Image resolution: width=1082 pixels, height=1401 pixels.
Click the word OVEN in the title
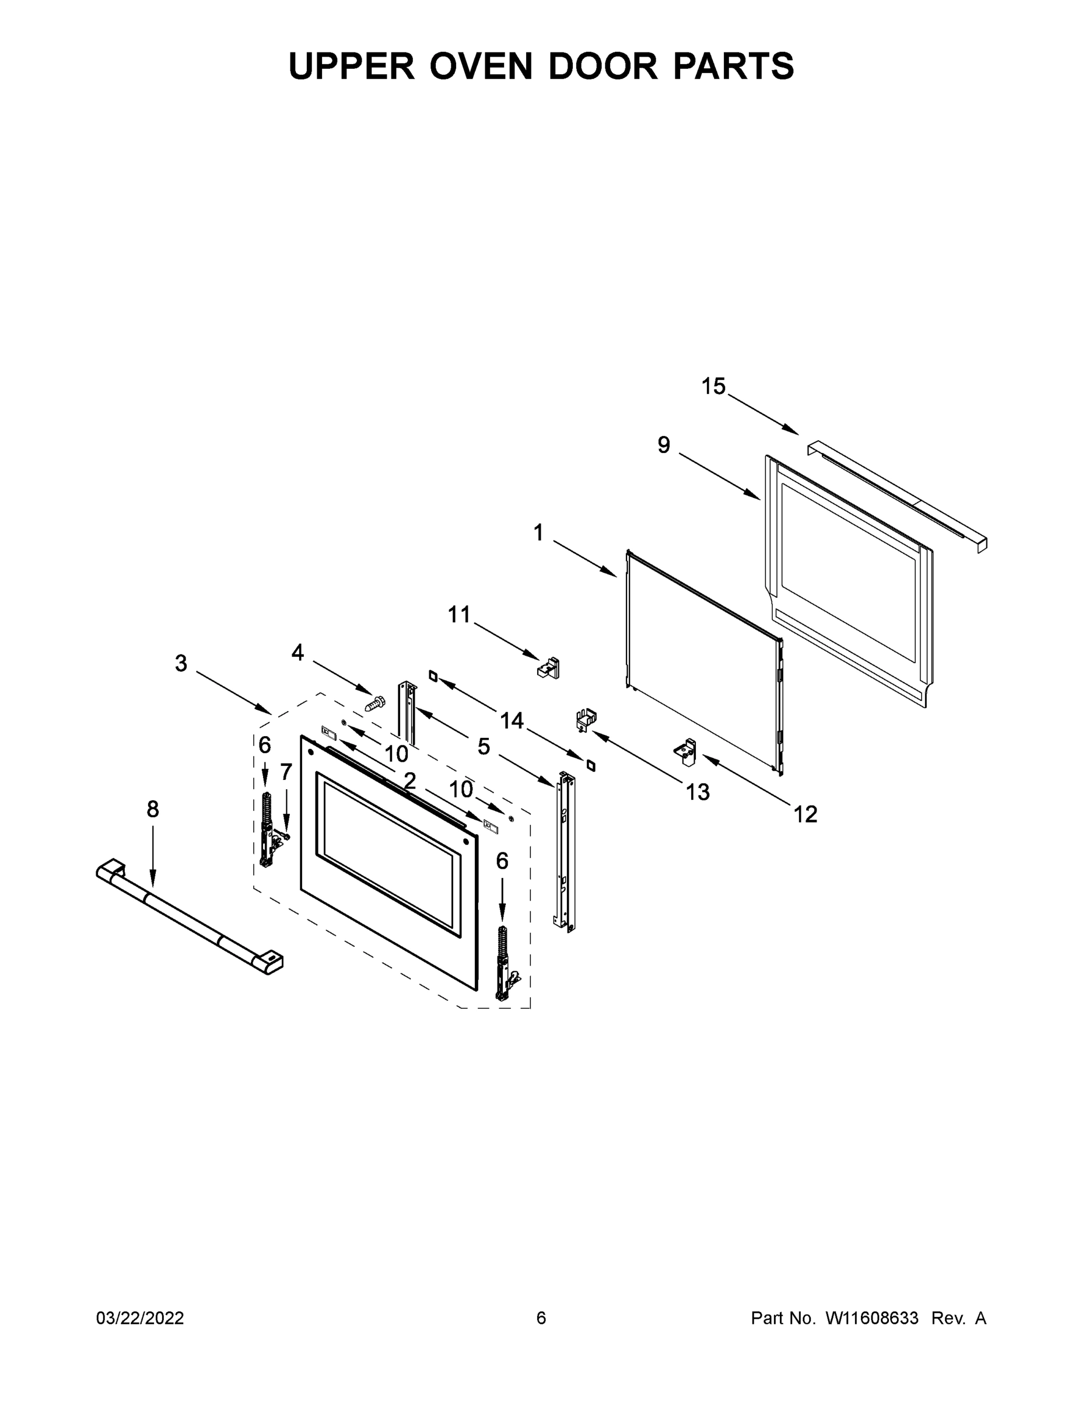tap(481, 66)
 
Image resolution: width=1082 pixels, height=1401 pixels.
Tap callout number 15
tap(713, 387)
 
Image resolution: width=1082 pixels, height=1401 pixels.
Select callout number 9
tap(663, 445)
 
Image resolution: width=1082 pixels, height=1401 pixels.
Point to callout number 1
tap(538, 532)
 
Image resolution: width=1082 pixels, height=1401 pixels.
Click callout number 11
tap(459, 615)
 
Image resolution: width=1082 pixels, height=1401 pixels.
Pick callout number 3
tap(181, 663)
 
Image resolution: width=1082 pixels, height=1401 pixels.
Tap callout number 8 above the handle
tap(153, 810)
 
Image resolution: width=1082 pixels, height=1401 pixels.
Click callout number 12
tap(806, 815)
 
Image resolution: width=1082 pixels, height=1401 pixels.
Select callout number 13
tap(698, 792)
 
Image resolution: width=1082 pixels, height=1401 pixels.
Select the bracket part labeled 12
tap(686, 752)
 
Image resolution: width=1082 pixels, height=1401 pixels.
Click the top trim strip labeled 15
tap(898, 494)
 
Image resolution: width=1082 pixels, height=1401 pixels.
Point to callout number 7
tap(286, 772)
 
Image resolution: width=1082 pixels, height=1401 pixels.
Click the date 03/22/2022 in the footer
tap(140, 1318)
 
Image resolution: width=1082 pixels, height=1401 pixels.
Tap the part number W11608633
tap(872, 1318)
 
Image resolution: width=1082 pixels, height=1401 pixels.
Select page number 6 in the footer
tap(541, 1318)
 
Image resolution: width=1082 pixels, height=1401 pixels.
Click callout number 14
tap(512, 721)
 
